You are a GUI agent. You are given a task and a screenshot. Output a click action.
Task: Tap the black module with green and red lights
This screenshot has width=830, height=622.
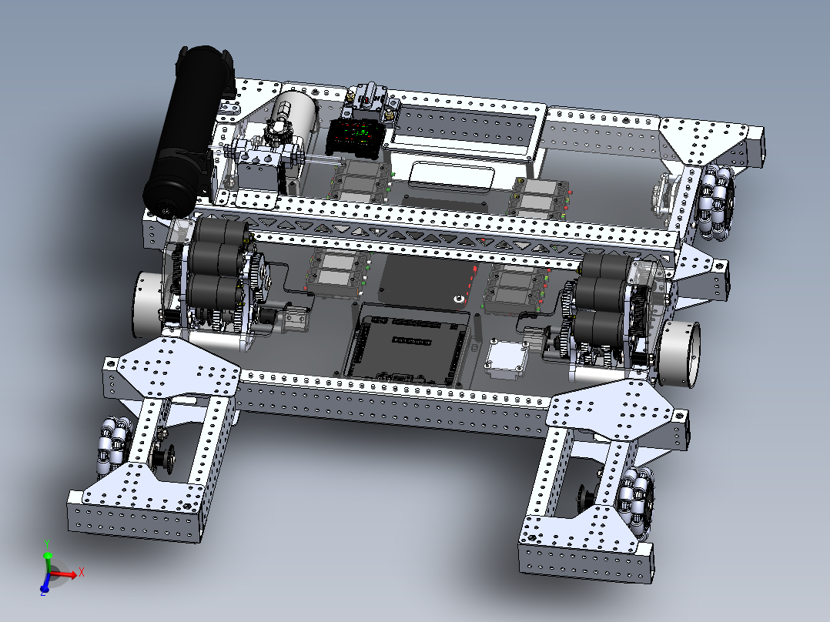pyautogui.click(x=356, y=136)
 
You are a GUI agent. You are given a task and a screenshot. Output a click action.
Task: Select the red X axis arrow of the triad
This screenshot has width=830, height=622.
pyautogui.click(x=72, y=573)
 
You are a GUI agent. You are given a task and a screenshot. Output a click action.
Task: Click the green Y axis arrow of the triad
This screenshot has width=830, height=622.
pyautogui.click(x=48, y=556)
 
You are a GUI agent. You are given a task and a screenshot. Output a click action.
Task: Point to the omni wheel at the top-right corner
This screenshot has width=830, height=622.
pyautogui.click(x=716, y=202)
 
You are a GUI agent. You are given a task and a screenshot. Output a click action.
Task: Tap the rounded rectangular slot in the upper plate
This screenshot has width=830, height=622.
pyautogui.click(x=451, y=177)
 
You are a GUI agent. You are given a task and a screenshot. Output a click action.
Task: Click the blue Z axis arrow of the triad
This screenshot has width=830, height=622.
pyautogui.click(x=44, y=589)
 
